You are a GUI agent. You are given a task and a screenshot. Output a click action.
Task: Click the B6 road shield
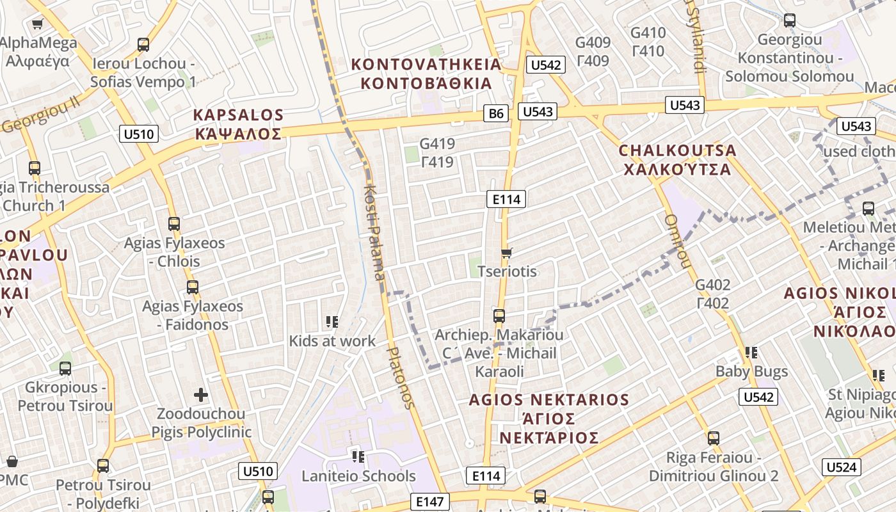click(497, 114)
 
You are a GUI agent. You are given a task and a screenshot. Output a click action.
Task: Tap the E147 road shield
click(429, 502)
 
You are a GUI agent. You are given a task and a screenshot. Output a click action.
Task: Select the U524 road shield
click(841, 467)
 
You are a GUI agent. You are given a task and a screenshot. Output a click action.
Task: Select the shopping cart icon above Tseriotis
click(507, 253)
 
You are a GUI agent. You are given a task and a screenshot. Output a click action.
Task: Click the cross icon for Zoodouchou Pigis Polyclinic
click(201, 395)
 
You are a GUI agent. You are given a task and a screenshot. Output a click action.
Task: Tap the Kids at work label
click(332, 341)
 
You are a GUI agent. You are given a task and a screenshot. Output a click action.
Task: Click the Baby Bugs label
click(751, 371)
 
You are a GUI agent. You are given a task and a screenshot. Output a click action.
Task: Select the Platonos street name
click(401, 378)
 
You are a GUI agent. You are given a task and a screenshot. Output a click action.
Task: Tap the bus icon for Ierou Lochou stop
click(143, 45)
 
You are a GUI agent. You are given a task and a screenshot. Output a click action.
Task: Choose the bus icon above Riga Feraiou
click(714, 438)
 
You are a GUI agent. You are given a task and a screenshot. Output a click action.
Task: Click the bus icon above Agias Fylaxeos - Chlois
click(174, 224)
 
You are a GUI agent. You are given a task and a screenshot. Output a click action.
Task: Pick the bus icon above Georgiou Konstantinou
click(790, 20)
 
